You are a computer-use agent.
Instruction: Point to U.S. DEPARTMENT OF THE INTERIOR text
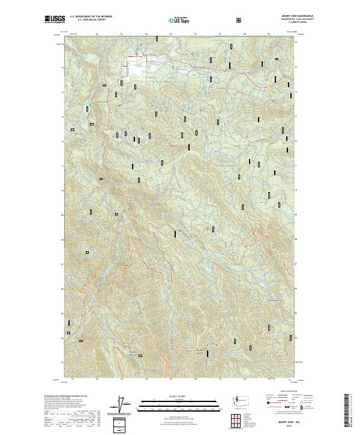coord(90,16)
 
